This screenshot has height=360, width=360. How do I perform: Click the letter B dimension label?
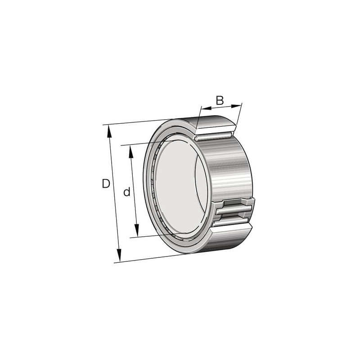(220, 100)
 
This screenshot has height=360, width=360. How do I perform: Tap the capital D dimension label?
(106, 184)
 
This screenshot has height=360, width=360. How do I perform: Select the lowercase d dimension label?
(127, 192)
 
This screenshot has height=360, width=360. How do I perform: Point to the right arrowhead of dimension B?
(236, 106)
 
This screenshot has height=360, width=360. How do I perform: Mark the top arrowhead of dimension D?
(109, 131)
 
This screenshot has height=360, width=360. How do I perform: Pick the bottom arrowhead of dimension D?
(119, 255)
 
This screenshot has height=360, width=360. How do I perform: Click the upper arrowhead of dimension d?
(131, 152)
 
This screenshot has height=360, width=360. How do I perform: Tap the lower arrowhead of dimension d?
(137, 230)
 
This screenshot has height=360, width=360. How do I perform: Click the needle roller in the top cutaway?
(213, 137)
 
